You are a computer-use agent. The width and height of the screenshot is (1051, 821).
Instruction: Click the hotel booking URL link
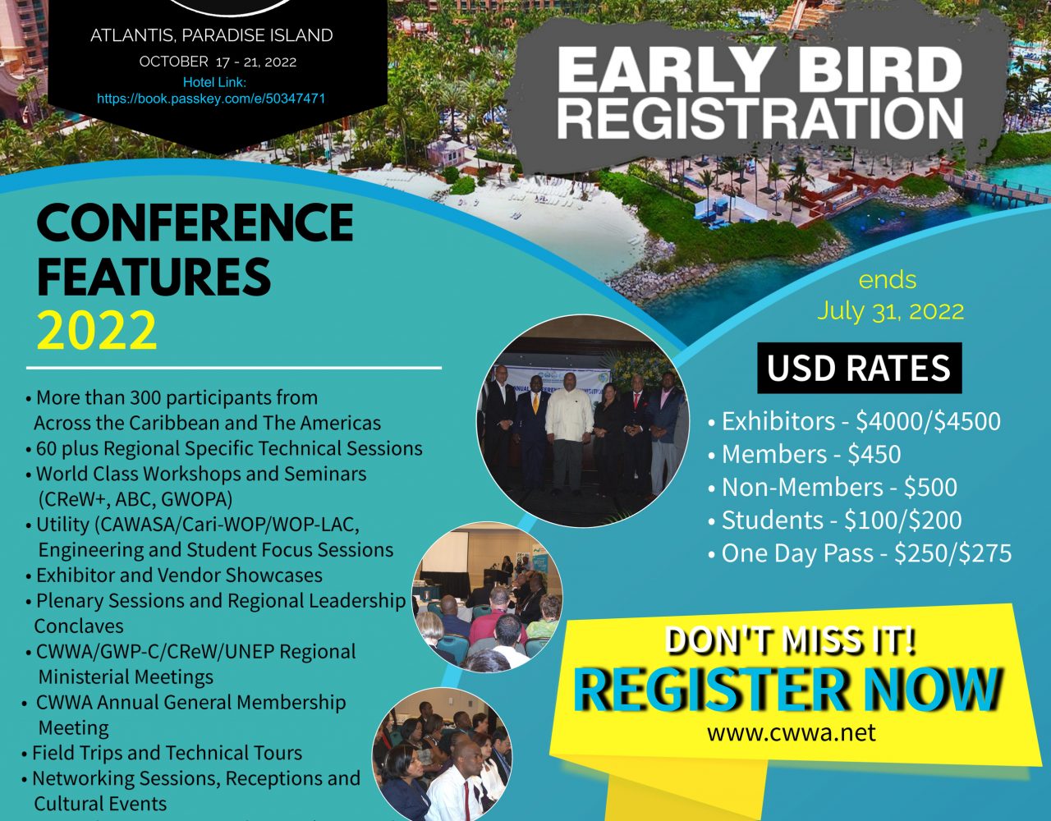pos(211,99)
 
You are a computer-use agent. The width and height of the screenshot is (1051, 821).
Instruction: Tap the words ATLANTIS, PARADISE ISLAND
pos(211,35)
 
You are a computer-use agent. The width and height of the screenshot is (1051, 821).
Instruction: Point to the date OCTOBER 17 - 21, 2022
pos(218,62)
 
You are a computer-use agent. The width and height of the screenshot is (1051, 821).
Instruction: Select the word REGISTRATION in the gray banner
pos(760,119)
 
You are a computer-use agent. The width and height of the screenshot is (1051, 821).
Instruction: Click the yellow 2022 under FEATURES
pos(97,330)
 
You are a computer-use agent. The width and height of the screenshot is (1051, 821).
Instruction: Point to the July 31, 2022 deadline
pos(890,311)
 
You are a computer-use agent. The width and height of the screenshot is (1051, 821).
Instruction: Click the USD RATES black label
pos(860,368)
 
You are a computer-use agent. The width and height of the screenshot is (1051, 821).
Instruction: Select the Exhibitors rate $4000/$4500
pos(928,421)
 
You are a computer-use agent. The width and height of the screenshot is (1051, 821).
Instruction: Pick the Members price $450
pos(874,454)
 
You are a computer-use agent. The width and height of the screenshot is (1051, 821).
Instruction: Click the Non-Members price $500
pos(930,487)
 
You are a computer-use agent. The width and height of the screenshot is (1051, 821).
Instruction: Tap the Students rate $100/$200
pos(903,521)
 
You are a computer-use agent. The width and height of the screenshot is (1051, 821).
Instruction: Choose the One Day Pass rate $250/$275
pos(952,553)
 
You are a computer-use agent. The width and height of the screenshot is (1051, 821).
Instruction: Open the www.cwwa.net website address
pos(792,733)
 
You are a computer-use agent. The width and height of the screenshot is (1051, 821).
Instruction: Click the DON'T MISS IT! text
pos(791,640)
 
